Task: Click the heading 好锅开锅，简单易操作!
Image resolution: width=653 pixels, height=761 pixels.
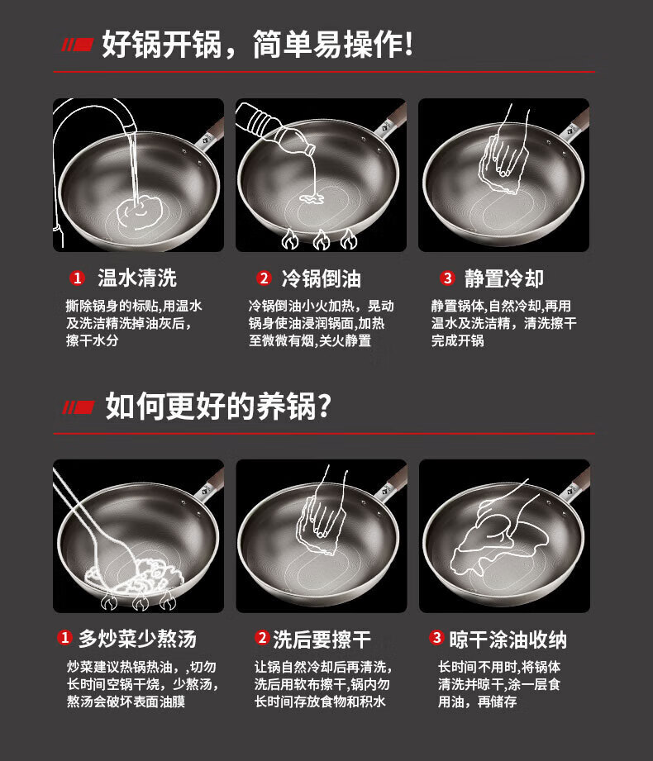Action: coord(257,45)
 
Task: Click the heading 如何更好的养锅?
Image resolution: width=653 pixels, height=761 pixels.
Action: coord(218,406)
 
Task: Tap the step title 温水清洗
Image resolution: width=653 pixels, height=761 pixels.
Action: coord(137,278)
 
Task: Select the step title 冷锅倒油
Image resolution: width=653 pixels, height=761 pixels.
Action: coord(321,278)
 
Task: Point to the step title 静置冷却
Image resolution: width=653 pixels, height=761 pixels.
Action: coord(504,278)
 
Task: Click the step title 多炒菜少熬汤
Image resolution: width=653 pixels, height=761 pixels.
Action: coord(137,638)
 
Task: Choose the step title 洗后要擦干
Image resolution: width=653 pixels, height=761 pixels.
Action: coord(322,640)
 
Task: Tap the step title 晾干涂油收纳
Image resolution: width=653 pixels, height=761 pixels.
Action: coord(508,640)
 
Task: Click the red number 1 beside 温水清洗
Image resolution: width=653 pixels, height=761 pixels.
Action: coord(77,278)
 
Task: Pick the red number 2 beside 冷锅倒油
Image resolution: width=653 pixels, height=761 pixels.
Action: coord(264,278)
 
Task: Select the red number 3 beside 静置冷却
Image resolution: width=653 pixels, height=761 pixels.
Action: coord(447,278)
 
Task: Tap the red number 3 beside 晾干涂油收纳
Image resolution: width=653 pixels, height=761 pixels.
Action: coord(436,637)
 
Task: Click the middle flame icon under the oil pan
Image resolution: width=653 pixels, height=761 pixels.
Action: coord(321,240)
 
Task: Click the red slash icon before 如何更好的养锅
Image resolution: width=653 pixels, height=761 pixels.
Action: coord(79,407)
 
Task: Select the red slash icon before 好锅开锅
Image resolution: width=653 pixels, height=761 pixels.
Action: coord(77,45)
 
